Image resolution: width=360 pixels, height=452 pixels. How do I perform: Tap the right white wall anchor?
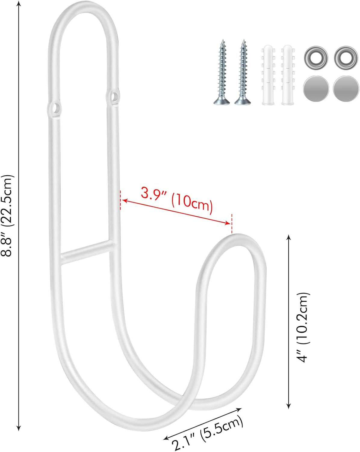[287, 75]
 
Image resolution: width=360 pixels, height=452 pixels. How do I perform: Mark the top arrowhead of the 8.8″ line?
[19, 4]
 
